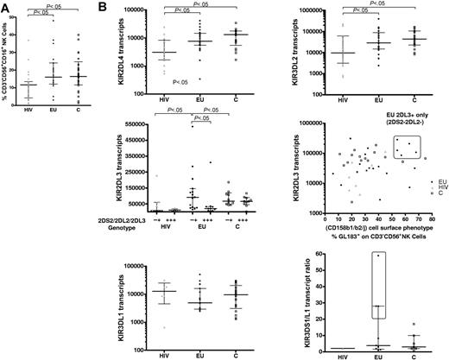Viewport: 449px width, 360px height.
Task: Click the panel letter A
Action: pos(6,7)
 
